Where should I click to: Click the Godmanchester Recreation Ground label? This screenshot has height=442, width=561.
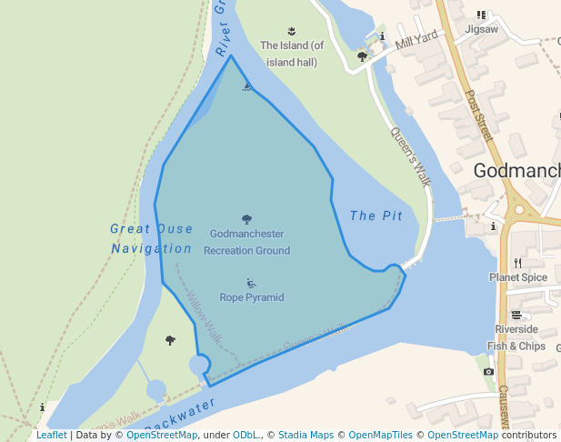(246, 242)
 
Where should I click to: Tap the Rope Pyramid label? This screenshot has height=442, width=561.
(252, 297)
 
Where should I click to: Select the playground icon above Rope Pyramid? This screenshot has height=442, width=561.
(252, 284)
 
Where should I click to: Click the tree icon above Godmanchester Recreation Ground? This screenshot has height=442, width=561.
(246, 219)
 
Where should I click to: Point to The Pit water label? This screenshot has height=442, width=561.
(376, 216)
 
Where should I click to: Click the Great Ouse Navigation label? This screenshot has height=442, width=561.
(152, 238)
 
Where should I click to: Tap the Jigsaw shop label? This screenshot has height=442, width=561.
(482, 29)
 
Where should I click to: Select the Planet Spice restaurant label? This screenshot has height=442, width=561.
(518, 277)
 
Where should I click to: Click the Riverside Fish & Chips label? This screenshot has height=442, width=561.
(516, 337)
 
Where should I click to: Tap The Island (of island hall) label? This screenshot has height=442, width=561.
(292, 54)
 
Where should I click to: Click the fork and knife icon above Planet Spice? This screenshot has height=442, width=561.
(517, 263)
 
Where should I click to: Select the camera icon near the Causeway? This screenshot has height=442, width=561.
(488, 371)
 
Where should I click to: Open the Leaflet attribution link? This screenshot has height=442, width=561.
(51, 435)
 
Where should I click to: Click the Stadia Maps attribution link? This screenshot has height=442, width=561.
(306, 435)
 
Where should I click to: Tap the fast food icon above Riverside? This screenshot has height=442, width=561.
(516, 315)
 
